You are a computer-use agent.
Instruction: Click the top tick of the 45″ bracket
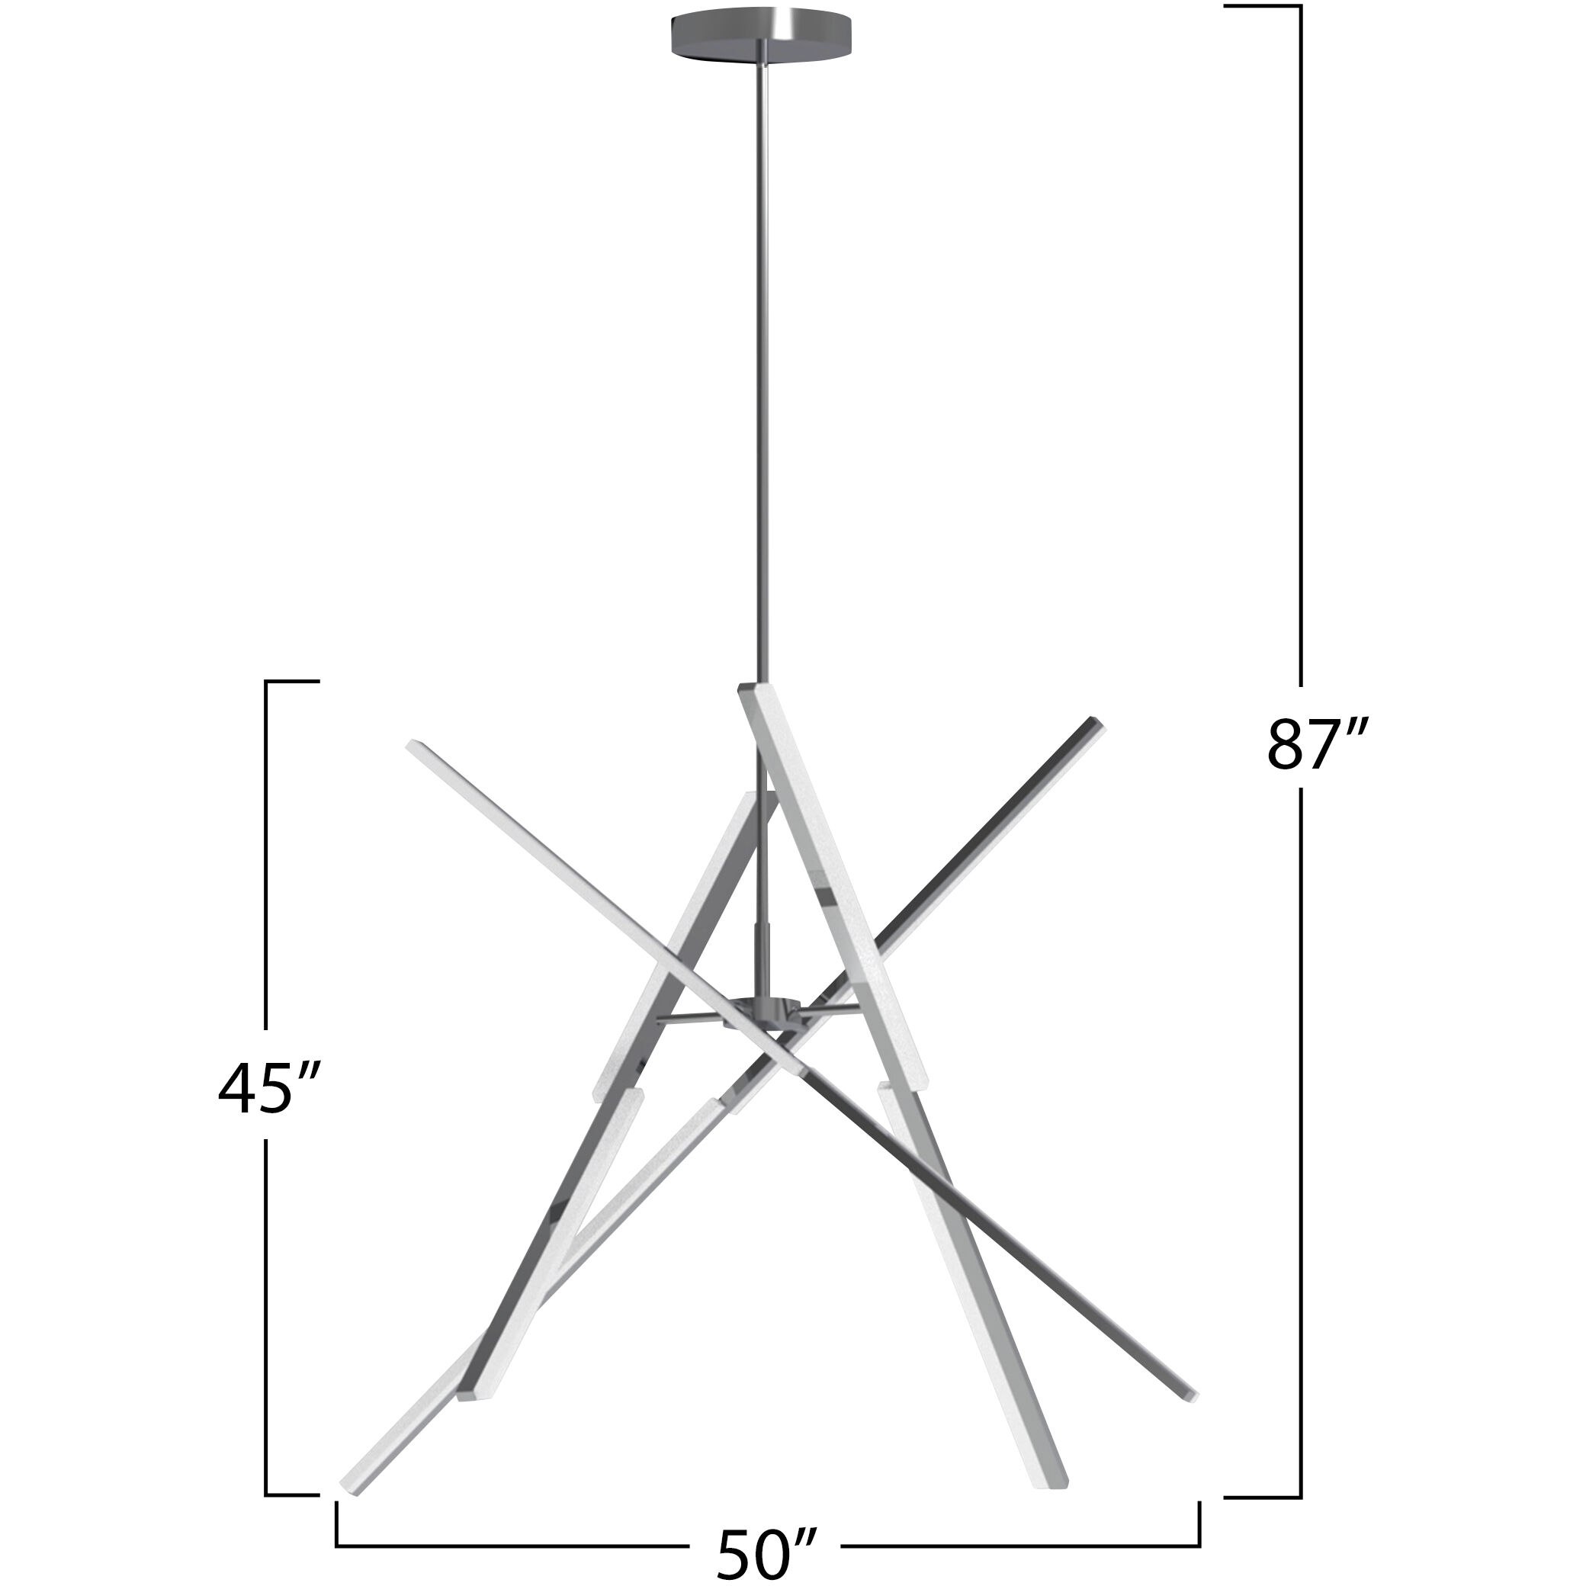tap(292, 682)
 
